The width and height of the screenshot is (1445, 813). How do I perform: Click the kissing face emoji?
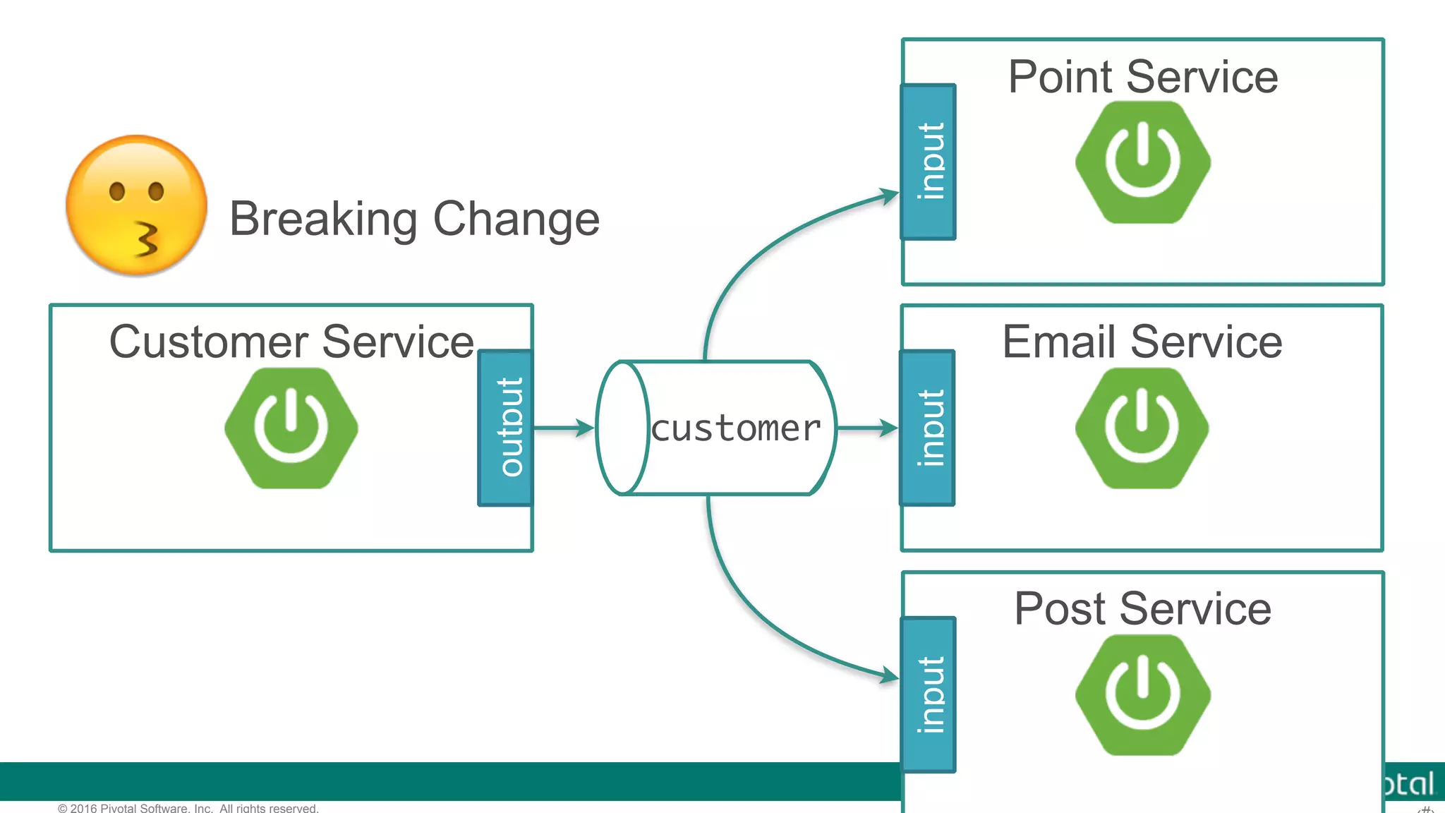[x=136, y=205]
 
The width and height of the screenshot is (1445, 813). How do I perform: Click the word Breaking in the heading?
[x=323, y=219]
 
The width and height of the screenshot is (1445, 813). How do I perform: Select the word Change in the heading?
[x=516, y=219]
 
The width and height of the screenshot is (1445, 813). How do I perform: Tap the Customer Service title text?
[x=291, y=342]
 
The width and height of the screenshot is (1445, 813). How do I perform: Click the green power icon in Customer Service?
[x=291, y=428]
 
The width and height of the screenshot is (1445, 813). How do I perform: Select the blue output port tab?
[x=505, y=428]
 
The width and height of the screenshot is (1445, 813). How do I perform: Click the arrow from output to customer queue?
[x=564, y=428]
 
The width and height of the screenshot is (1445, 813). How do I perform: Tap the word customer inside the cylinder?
[x=735, y=428]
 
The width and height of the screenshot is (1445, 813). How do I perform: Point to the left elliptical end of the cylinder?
[x=622, y=428]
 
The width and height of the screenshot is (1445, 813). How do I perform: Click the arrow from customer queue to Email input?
[x=867, y=428]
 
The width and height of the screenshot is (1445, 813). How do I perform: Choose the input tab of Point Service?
[x=929, y=162]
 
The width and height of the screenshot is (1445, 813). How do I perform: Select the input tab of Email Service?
[x=928, y=428]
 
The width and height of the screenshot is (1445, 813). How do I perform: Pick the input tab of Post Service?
[x=929, y=694]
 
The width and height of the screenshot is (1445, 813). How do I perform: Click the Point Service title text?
[x=1143, y=77]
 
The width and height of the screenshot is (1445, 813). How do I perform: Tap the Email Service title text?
[x=1142, y=342]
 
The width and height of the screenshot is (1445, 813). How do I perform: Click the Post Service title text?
[x=1143, y=608]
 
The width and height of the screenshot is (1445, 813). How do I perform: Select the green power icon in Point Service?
[x=1143, y=162]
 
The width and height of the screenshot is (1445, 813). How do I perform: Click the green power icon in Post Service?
[x=1143, y=694]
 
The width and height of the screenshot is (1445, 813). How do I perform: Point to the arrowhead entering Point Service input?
[x=888, y=195]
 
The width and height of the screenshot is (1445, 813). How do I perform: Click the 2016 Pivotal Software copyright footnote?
[x=188, y=807]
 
